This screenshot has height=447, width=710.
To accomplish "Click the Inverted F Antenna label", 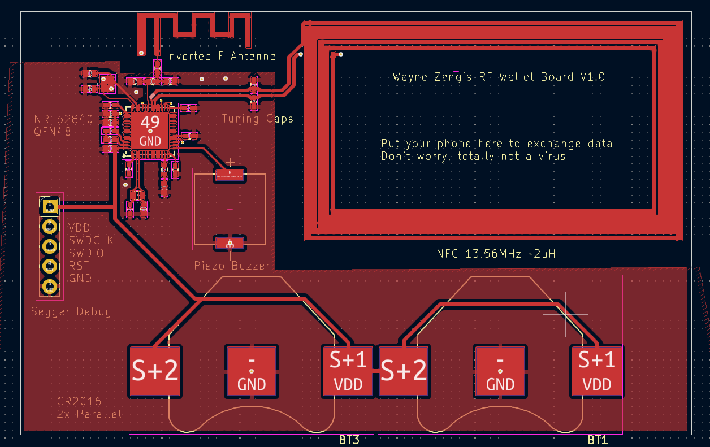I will click(220, 56).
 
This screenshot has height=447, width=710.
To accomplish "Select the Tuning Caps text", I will click(257, 119).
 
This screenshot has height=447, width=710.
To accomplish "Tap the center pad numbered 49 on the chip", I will click(150, 130).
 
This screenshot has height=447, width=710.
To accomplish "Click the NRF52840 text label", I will click(63, 119).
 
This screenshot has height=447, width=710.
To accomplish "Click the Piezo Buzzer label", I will click(232, 265).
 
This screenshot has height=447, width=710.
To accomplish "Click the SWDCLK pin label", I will click(91, 240).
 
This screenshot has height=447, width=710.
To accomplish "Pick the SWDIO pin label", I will click(86, 253).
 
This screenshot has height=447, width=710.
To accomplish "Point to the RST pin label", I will click(79, 266).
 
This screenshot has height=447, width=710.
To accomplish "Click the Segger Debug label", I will click(71, 311).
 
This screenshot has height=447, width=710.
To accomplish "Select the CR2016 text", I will click(79, 401).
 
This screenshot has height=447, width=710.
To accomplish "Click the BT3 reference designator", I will click(349, 440).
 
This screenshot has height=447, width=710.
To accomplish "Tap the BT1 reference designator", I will click(598, 440).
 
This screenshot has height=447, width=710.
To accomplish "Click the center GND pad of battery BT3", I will click(252, 371).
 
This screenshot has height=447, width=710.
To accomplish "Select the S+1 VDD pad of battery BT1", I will click(597, 371).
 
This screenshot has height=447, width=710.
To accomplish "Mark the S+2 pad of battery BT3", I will click(155, 371).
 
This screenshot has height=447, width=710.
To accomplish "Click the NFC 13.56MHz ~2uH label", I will click(496, 254).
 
